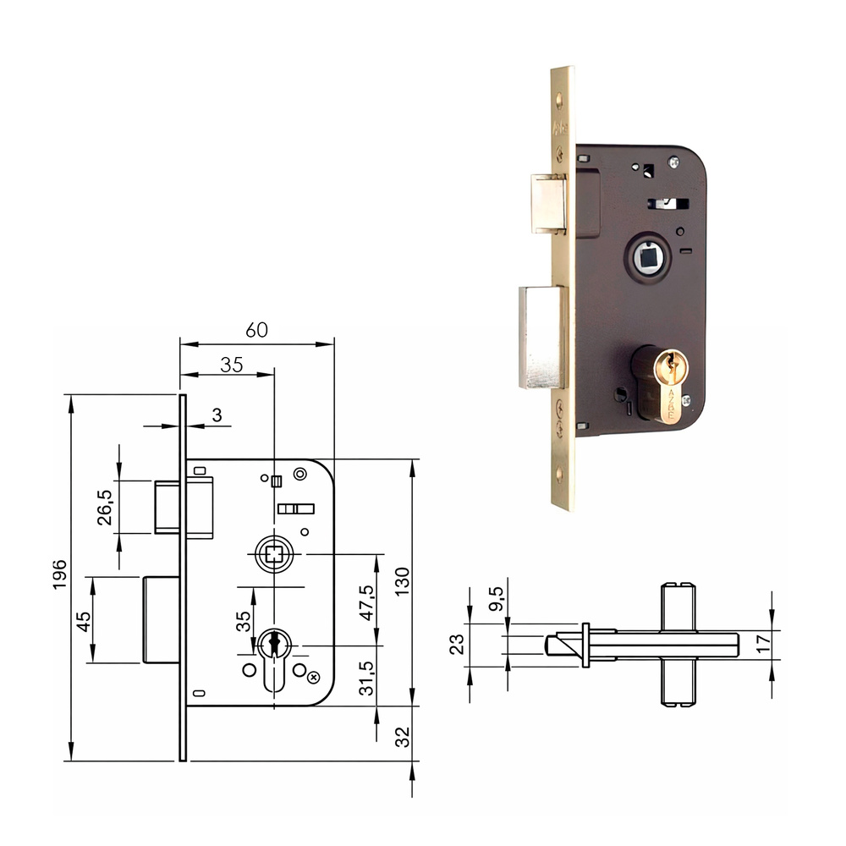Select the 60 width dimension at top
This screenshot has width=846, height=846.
256,331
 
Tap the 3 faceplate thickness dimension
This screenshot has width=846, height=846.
217,415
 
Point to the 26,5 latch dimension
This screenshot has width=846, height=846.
106,506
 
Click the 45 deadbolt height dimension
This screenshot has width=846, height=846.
84,622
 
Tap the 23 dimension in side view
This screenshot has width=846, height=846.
458,645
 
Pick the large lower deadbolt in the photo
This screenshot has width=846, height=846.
541,337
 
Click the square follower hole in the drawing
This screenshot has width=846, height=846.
273,554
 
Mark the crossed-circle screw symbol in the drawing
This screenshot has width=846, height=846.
314,677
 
